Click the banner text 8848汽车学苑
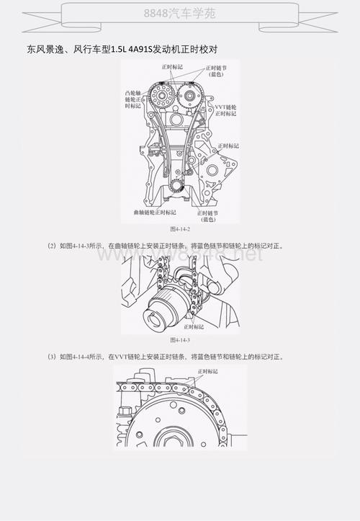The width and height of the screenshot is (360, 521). [180, 14]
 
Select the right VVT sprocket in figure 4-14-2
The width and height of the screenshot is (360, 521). [191, 99]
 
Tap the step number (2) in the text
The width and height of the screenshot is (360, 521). [52, 246]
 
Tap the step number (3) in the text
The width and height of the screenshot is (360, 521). [52, 356]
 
